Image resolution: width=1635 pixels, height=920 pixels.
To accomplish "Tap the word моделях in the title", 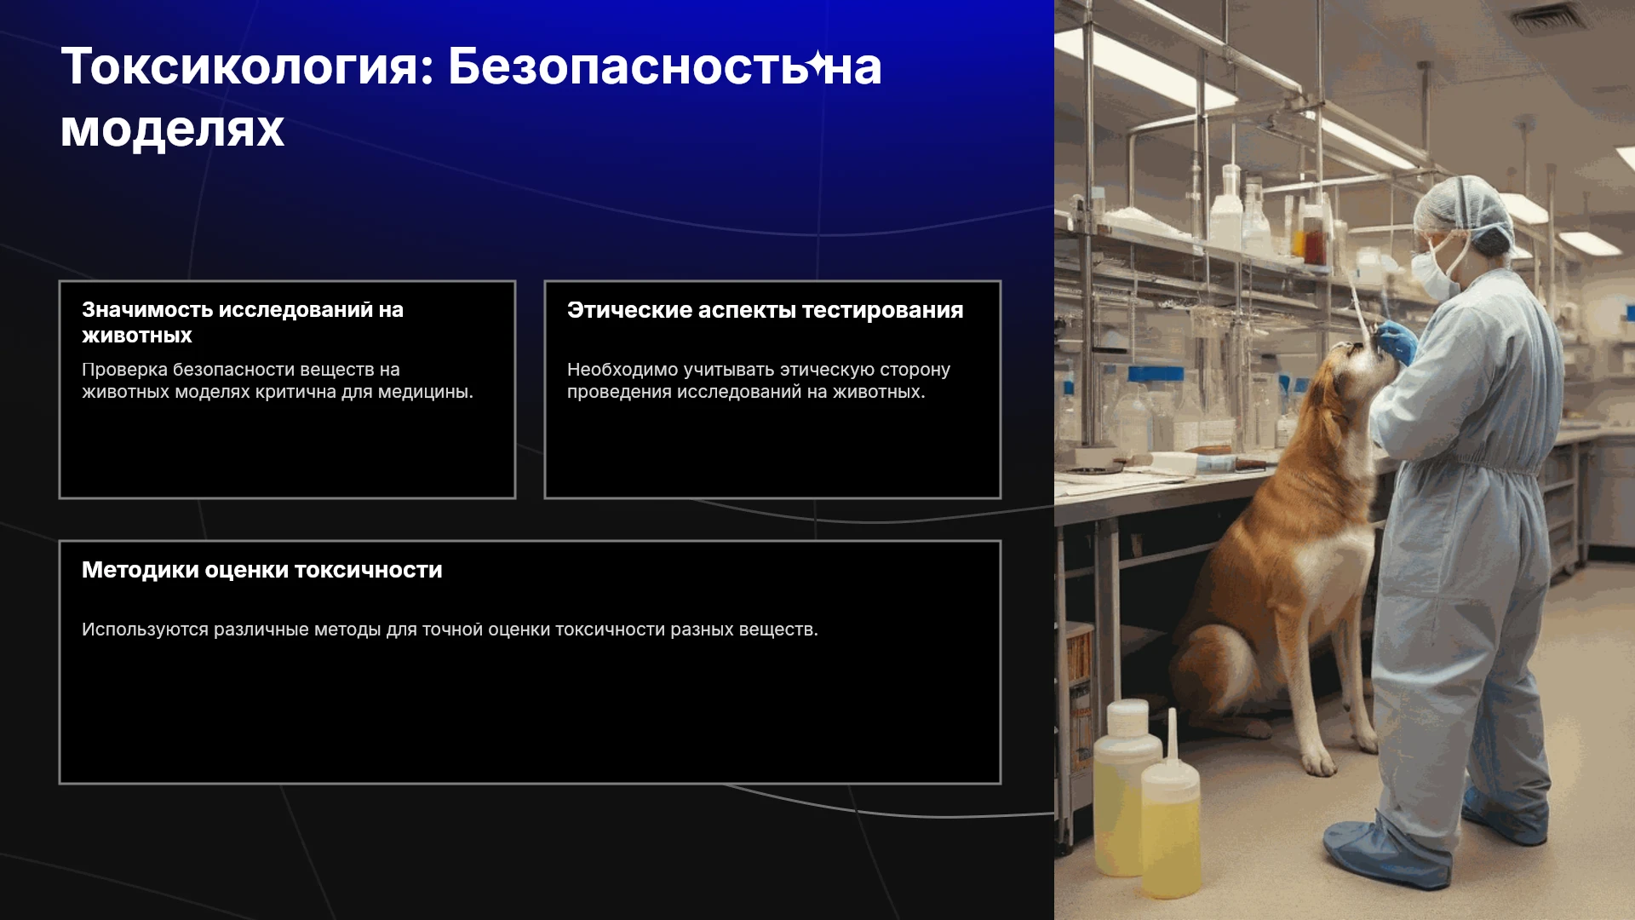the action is [172, 130].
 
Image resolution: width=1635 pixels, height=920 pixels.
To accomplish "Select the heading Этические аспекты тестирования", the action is [765, 310].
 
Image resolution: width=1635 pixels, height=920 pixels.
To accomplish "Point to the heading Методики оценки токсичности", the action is [261, 570].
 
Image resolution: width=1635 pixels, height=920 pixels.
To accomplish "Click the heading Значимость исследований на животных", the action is [243, 323].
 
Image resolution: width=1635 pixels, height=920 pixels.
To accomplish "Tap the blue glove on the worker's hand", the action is [1397, 341].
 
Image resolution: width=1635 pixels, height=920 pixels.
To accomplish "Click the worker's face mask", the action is [1433, 271].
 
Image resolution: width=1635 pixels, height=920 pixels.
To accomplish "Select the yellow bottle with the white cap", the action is [1124, 788].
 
